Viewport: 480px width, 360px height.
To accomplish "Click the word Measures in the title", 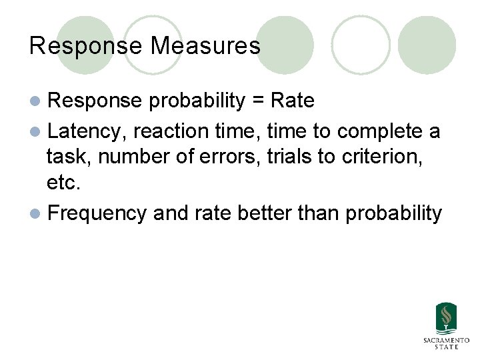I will point(205,46).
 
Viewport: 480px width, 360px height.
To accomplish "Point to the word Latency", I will point(84,131).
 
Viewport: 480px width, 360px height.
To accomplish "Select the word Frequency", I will point(97,213).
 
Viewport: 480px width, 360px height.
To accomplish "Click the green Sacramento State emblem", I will point(446,319).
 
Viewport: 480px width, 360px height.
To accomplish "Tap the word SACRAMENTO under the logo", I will point(446,341).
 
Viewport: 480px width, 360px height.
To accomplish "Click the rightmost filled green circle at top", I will point(427,45).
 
